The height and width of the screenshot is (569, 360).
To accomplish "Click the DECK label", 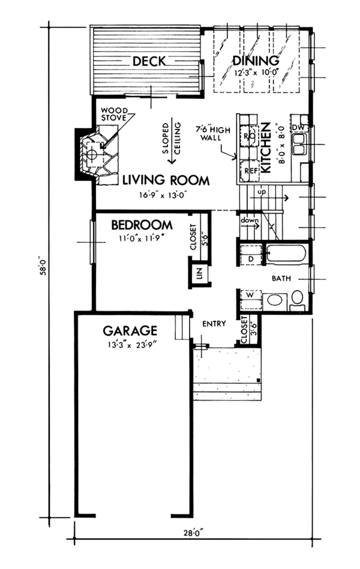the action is pos(149,61).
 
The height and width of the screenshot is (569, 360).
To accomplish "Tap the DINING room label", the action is pos(256,61).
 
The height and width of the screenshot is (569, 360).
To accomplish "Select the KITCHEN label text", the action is pos(266,147).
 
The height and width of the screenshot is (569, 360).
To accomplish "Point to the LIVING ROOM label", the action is pos(166,180).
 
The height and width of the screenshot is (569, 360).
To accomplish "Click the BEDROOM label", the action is pos(142,225).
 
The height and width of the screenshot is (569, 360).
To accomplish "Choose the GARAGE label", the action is pos(130,330).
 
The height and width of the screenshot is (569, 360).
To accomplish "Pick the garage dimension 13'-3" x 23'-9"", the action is pos(132,344).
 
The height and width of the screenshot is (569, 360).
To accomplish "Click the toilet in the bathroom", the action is pos(297,300).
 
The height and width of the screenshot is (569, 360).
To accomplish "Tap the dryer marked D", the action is pos(251,255).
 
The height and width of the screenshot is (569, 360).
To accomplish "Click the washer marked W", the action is pos(250,299).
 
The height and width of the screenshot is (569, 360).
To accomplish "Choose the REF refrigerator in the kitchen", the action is pos(250,171).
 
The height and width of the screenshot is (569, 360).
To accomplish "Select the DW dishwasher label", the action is pos(298,128).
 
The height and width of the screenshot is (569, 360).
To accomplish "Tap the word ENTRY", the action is pos(214,323).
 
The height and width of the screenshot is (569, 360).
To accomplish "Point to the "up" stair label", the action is pos(262,191).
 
